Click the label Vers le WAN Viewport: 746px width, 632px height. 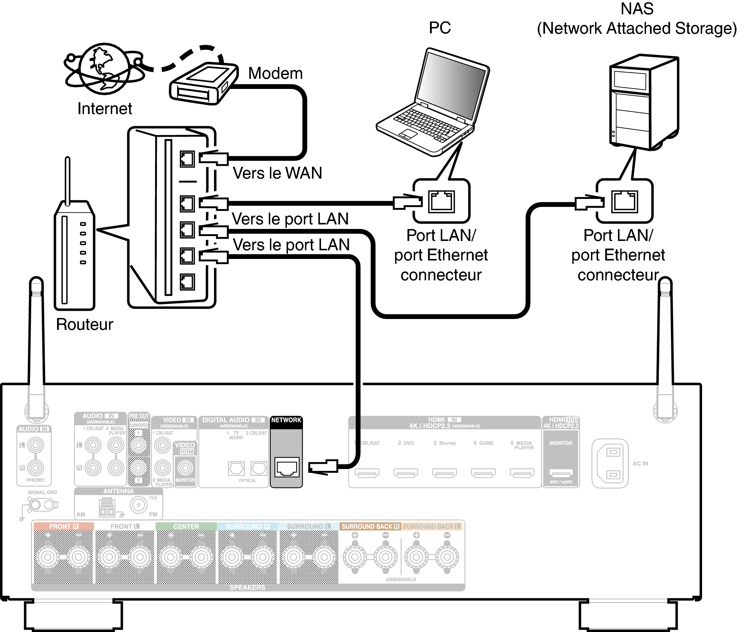[277, 173]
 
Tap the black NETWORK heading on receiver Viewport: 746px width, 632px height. [286, 420]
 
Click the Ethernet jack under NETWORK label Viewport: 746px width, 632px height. [287, 468]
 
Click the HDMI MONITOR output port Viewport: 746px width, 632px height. [561, 473]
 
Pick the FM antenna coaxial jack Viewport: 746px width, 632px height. [139, 505]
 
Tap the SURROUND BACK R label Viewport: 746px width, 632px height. [370, 527]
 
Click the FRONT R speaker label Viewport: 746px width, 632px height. [63, 527]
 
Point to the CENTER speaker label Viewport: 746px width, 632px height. [186, 527]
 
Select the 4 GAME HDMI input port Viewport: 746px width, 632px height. [483, 473]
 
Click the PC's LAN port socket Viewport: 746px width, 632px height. [442, 202]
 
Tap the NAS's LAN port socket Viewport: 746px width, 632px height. [624, 202]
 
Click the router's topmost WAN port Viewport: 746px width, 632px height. [187, 159]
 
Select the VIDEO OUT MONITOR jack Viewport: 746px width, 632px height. [185, 468]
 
